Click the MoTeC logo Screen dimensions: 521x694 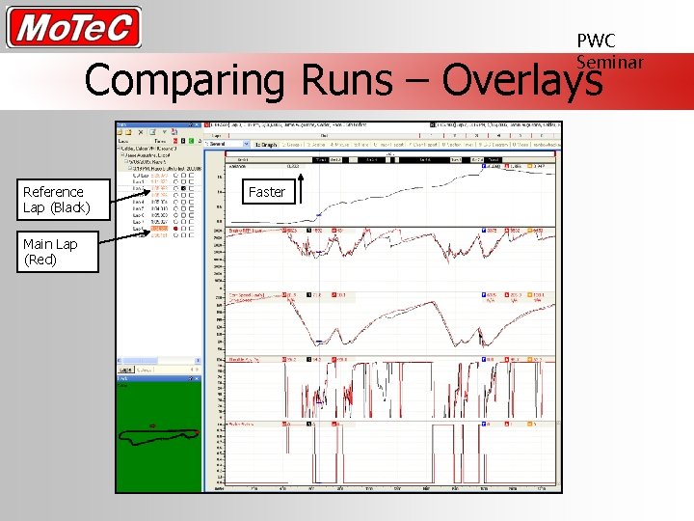click(74, 27)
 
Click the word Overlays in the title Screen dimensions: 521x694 click(521, 80)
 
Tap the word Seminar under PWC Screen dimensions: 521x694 click(609, 62)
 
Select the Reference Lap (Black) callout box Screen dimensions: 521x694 click(59, 200)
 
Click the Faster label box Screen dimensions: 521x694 click(267, 192)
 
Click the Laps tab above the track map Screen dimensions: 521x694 click(125, 370)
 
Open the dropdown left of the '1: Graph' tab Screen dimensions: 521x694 click(228, 145)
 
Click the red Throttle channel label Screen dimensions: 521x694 click(238, 359)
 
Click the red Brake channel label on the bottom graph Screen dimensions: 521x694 click(238, 424)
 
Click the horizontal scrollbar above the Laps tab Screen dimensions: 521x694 click(157, 362)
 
